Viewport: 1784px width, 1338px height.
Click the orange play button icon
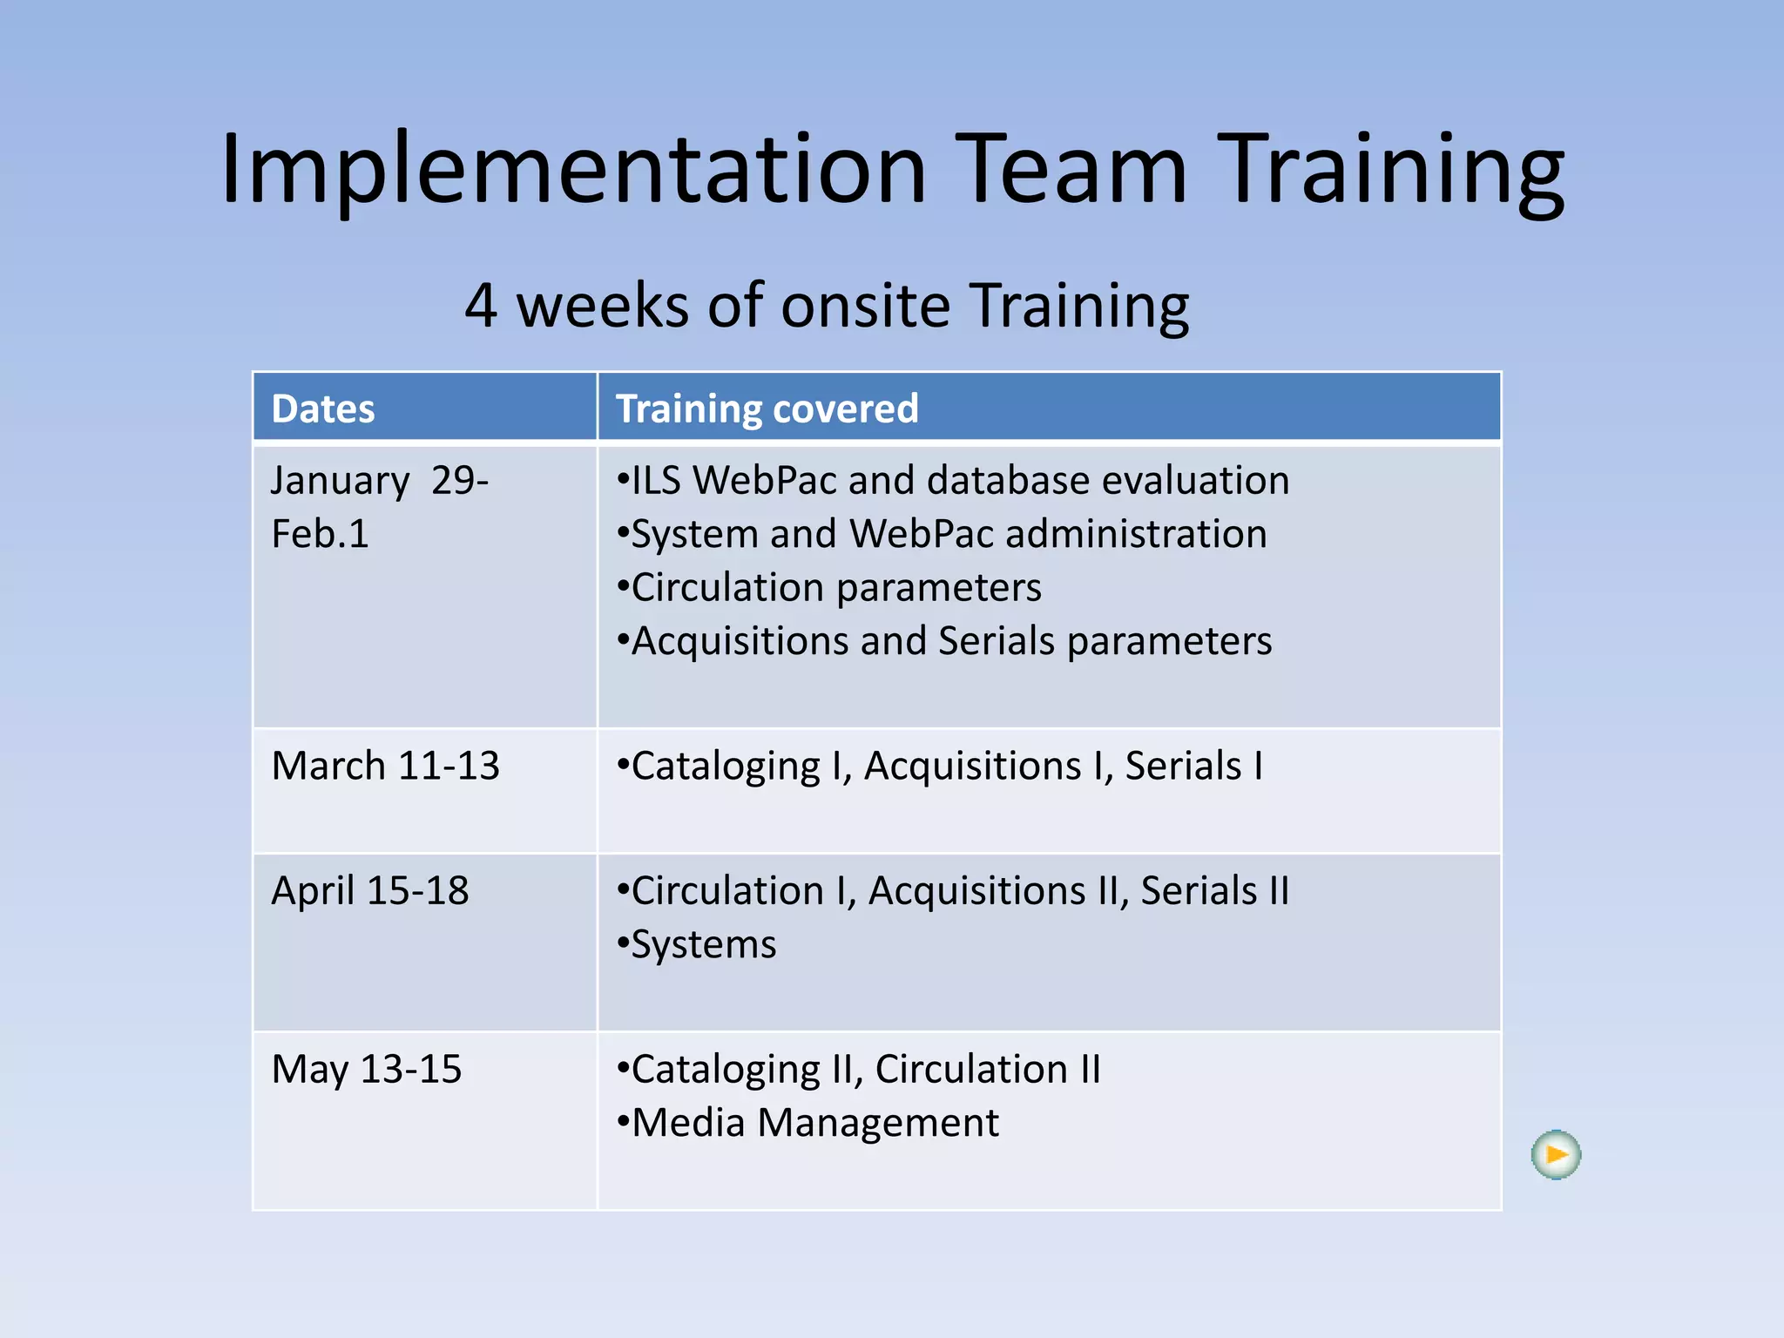click(x=1556, y=1155)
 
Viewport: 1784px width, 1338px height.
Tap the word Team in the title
click(x=1072, y=169)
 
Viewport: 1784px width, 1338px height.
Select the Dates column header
click(x=323, y=409)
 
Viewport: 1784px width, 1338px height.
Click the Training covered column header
click(x=767, y=409)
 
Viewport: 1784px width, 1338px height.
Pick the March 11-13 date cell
click(x=385, y=767)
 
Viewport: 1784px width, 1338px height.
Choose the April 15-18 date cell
click(x=370, y=891)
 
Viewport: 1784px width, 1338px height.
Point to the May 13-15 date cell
click(x=367, y=1070)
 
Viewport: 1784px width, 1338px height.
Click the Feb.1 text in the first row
click(x=321, y=534)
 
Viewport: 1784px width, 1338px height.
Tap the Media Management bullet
click(x=814, y=1123)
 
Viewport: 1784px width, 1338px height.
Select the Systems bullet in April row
click(x=703, y=945)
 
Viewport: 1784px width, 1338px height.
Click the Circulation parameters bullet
click(x=835, y=588)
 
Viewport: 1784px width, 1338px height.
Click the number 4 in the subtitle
click(x=481, y=307)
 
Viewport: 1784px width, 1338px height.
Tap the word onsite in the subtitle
click(x=865, y=307)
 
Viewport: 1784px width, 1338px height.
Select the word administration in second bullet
click(x=1136, y=534)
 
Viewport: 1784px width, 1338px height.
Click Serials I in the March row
click(x=1193, y=767)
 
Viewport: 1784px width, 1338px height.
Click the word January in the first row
click(x=340, y=481)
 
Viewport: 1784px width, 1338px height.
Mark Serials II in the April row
click(x=1214, y=891)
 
